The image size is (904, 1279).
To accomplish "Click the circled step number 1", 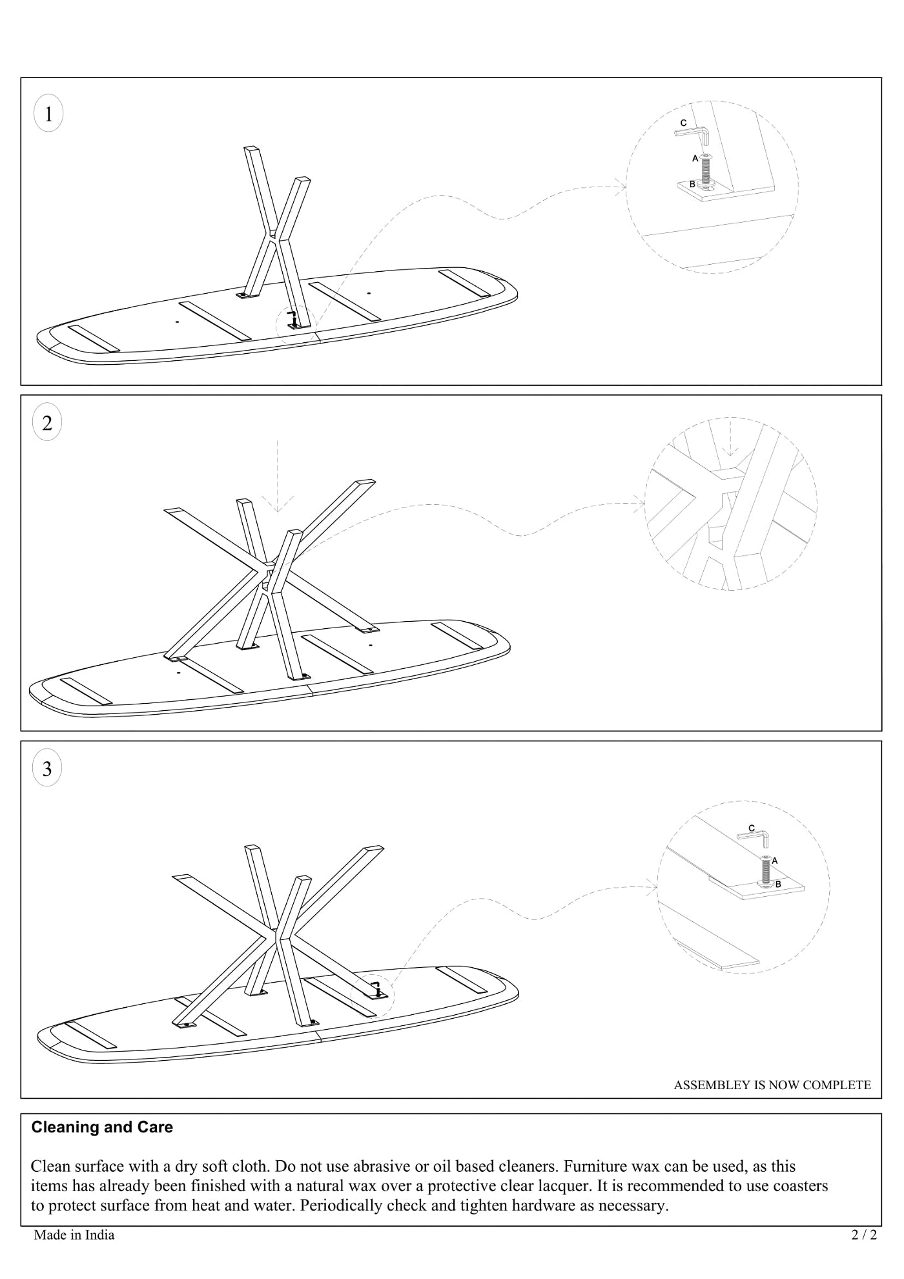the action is click(x=48, y=114).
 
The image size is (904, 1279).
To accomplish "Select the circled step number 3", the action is click(x=47, y=768).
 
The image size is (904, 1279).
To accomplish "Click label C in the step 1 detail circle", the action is click(x=683, y=123).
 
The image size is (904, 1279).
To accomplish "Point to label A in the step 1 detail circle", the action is click(x=695, y=158).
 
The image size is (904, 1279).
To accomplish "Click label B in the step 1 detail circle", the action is click(x=692, y=184).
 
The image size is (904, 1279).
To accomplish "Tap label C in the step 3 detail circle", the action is click(x=751, y=828).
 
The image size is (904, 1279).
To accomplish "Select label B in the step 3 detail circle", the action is click(x=778, y=884).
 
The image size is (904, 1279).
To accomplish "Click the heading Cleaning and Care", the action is click(x=102, y=1127).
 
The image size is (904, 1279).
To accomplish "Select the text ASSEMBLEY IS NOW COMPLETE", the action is click(x=772, y=1085).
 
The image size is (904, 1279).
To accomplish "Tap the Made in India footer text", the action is click(x=74, y=1235).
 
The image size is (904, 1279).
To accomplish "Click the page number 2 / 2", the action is click(x=865, y=1235).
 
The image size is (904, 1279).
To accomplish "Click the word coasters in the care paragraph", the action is click(x=800, y=1186).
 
